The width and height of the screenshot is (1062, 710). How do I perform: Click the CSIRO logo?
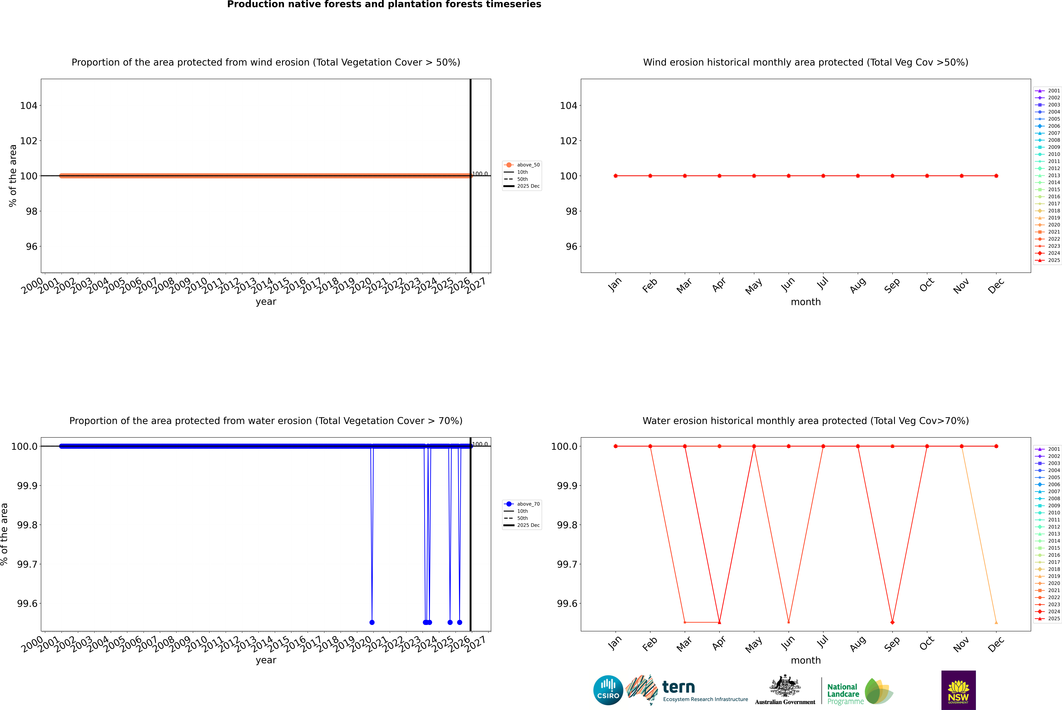[x=608, y=690]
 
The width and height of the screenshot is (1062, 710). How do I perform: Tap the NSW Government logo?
[x=958, y=690]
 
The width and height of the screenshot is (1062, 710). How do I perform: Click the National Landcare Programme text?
[x=843, y=694]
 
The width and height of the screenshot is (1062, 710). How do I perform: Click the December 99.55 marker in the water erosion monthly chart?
[x=996, y=622]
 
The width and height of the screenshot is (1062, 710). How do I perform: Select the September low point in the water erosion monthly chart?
[x=892, y=622]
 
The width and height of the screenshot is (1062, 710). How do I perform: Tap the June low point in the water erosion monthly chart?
[x=789, y=622]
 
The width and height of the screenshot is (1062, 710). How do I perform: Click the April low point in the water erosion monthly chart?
[x=719, y=622]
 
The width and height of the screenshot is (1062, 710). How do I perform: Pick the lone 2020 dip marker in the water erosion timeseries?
[x=372, y=622]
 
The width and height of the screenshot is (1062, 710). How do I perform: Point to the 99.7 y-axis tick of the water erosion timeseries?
[x=27, y=564]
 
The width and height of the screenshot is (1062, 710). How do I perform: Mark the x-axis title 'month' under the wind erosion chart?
[x=805, y=302]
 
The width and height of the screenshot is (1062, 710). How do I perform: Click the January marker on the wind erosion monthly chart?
[x=616, y=176]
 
